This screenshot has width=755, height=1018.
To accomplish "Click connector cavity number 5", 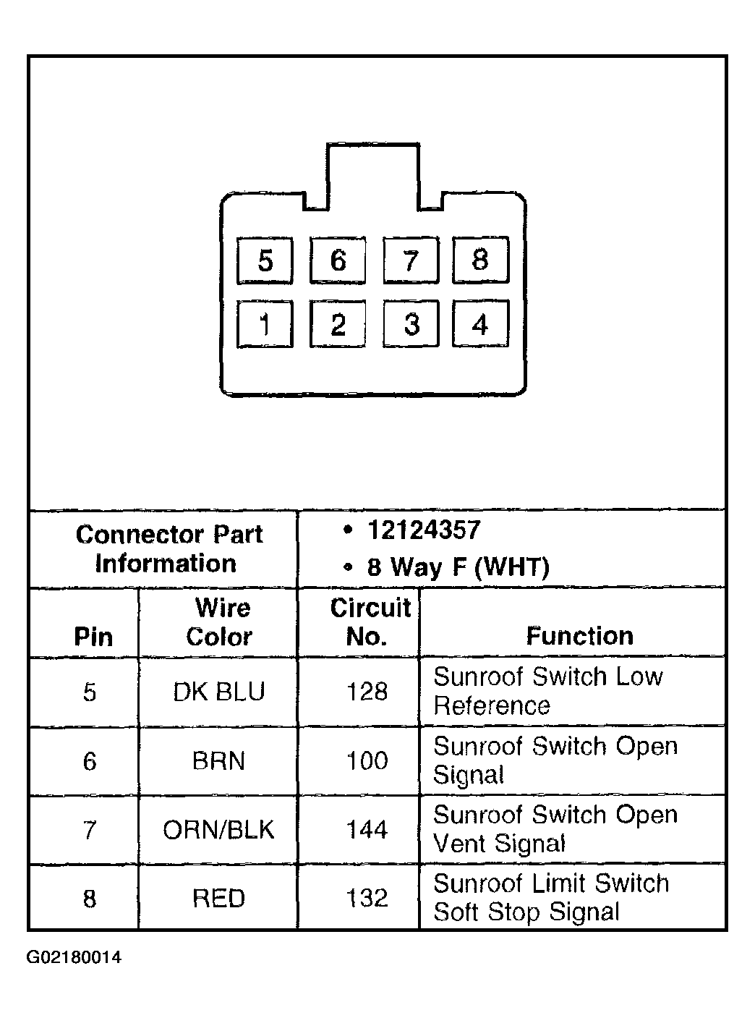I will click(265, 260).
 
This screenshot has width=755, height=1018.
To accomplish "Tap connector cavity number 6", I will click(338, 260).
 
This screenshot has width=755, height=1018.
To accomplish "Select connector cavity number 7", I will click(411, 260).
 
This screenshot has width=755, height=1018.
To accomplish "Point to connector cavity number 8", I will click(480, 260).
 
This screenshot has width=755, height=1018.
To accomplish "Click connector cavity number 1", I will click(265, 325).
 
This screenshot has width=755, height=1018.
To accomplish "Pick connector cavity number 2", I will click(338, 325).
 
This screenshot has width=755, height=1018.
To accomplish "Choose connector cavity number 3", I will click(411, 325).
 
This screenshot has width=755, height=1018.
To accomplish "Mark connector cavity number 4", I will click(480, 324).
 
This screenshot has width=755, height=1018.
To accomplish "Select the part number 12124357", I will click(424, 530).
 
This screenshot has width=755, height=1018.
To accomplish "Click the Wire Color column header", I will click(219, 622).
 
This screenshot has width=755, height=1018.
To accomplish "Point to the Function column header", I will click(579, 636).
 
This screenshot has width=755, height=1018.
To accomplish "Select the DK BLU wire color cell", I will click(219, 692).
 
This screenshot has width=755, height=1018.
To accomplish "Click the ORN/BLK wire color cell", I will click(219, 830).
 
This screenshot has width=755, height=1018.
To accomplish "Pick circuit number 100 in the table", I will click(367, 761).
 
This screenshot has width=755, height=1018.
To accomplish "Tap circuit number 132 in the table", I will click(367, 899).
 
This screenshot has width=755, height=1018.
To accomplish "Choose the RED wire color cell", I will click(219, 899).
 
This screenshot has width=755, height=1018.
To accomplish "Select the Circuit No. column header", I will click(370, 622).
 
